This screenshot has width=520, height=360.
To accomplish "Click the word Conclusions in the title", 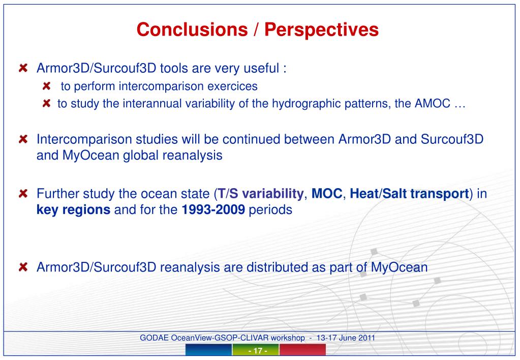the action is (x=192, y=29).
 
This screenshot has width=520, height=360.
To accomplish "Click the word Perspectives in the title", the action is (x=321, y=30).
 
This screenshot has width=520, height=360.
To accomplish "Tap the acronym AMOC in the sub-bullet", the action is (x=433, y=104).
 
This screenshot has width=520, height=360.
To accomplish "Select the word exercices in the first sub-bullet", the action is (x=232, y=86).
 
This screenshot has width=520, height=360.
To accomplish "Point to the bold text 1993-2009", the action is (x=213, y=209).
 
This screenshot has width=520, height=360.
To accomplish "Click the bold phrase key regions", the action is (x=73, y=210).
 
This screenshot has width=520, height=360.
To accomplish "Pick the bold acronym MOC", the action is (x=327, y=194).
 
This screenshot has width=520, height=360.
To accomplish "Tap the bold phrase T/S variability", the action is (x=260, y=194).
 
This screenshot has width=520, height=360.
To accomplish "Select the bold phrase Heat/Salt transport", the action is (x=409, y=194).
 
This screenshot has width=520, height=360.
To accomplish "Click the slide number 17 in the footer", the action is (x=258, y=351).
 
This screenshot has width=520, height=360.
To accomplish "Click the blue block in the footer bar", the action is (x=208, y=350).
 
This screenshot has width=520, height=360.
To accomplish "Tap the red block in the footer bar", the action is (x=302, y=350).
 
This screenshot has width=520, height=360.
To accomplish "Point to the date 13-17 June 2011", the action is (x=346, y=338).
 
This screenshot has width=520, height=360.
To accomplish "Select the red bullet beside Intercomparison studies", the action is (x=23, y=139).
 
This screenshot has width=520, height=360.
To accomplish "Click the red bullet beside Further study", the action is (x=23, y=193).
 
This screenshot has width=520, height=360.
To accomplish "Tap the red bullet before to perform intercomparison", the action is (x=46, y=86).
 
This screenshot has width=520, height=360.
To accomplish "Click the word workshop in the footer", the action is (x=288, y=338).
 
